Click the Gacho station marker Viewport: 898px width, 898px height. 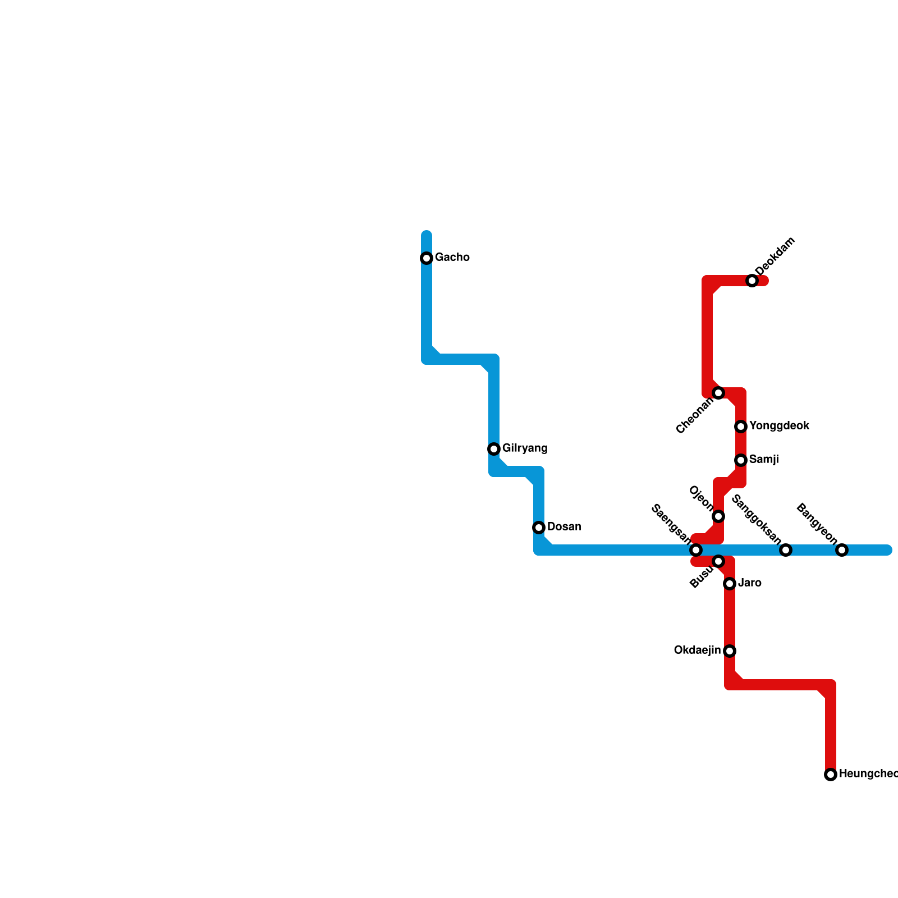427,258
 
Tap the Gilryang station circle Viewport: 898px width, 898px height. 494,449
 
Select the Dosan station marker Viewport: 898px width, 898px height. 539,528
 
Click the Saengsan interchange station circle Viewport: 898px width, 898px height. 696,549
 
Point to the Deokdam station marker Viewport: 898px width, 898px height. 752,281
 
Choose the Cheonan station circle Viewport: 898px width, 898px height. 718,393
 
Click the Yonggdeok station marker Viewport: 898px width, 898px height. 741,427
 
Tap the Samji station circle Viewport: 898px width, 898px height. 741,460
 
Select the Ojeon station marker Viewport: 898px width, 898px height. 718,516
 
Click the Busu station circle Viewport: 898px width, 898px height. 718,561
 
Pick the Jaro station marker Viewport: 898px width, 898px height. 730,584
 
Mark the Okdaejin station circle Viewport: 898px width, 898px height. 730,651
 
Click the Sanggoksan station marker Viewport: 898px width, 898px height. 786,550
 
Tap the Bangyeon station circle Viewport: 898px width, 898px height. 842,550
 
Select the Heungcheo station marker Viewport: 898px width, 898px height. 831,775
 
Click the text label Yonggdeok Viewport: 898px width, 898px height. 779,426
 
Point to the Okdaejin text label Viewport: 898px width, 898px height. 697,650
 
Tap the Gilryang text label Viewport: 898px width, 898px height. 525,448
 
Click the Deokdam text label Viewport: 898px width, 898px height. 775,256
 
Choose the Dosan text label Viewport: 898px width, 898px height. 564,527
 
